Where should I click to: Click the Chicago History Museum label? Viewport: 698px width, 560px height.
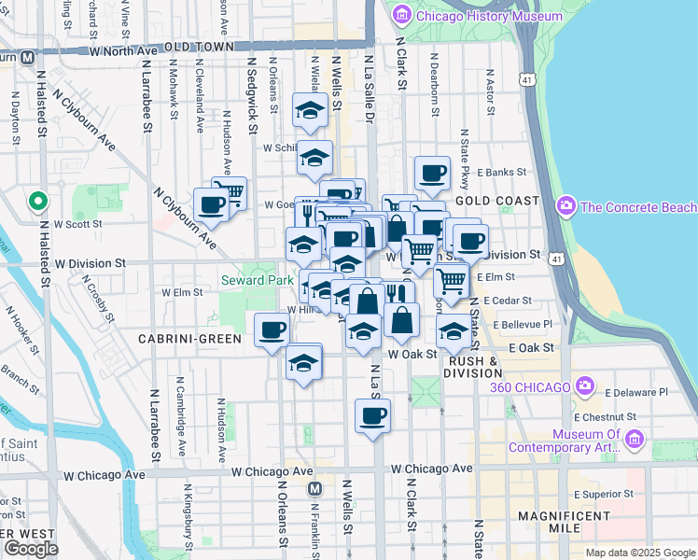[489, 16]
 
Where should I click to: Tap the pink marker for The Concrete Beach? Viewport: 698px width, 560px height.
[565, 205]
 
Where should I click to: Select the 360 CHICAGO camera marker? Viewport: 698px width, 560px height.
[585, 385]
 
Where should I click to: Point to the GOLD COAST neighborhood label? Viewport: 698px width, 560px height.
[497, 201]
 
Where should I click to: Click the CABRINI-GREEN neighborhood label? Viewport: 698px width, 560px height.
[189, 339]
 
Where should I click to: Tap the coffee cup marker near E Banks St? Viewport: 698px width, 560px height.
[432, 173]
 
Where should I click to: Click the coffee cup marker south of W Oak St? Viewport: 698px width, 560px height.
[372, 416]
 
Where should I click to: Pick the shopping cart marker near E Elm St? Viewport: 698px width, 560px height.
[451, 279]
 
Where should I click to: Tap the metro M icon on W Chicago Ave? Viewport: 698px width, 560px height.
[314, 488]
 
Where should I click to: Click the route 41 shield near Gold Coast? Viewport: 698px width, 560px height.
[528, 82]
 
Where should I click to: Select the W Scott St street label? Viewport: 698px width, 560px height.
[77, 224]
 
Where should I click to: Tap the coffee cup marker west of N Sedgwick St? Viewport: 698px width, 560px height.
[211, 205]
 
